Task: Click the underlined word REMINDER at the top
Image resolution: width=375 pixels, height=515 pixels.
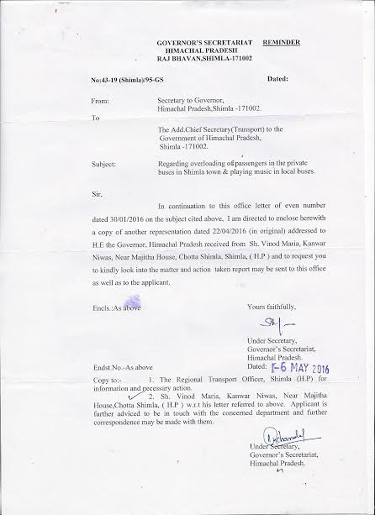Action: click(x=281, y=43)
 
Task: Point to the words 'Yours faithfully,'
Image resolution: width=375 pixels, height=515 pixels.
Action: click(x=271, y=307)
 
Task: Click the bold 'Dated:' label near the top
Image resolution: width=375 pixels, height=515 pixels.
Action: click(x=277, y=79)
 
